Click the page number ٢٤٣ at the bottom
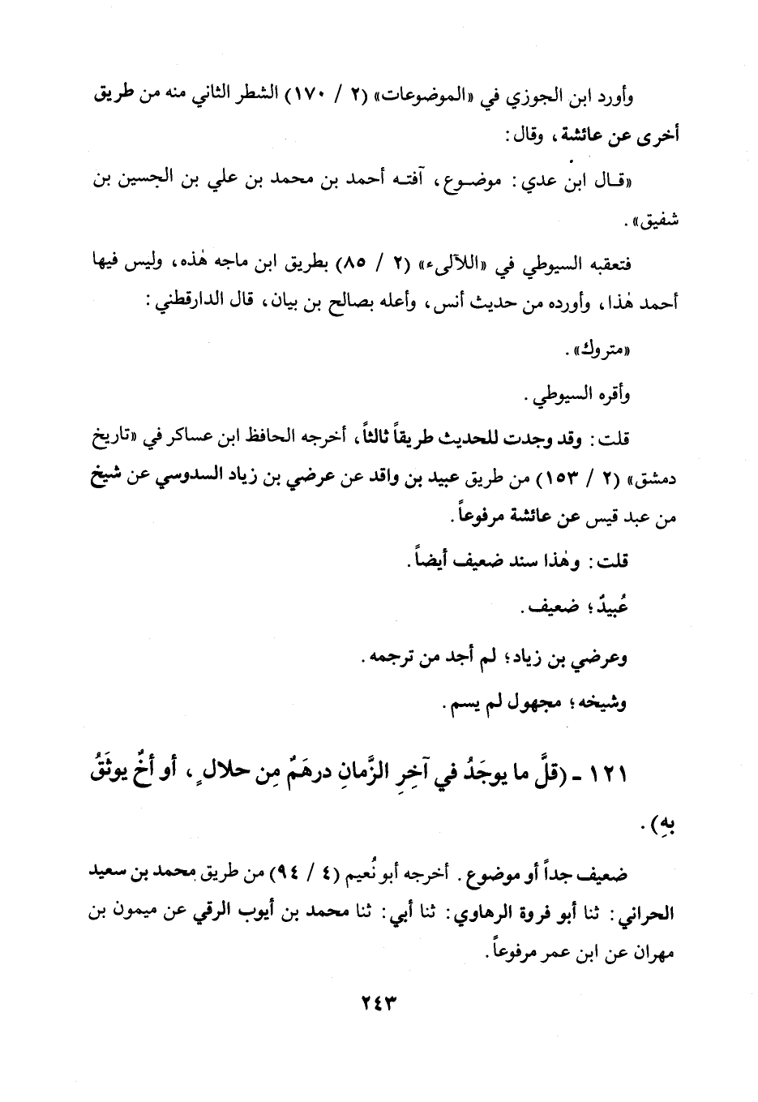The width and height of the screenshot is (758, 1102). pos(378,1002)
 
